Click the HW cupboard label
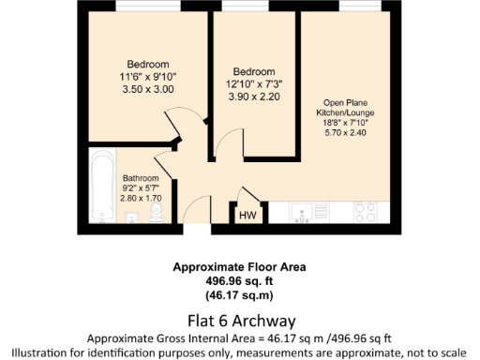pos(247,217)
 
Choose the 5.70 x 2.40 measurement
pos(342,133)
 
